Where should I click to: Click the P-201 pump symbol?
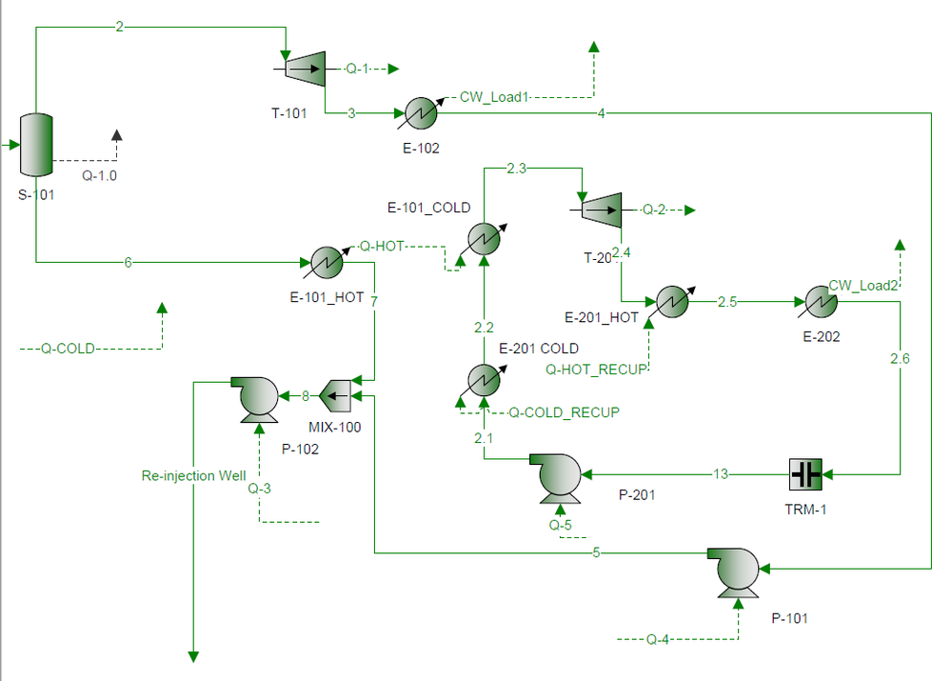click(x=557, y=474)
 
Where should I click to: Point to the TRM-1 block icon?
click(x=806, y=473)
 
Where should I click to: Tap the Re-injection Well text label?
click(x=193, y=475)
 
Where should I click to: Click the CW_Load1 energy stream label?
click(x=494, y=96)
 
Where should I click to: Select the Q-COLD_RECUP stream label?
click(x=564, y=412)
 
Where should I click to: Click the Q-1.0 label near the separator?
click(x=99, y=175)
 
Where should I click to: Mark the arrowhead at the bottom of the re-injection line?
click(x=193, y=655)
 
